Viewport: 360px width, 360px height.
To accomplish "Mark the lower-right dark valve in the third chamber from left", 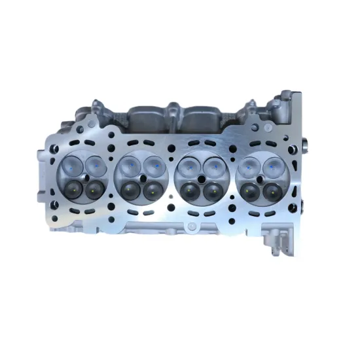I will [x=211, y=190].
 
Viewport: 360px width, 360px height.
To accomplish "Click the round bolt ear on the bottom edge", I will [x=190, y=227].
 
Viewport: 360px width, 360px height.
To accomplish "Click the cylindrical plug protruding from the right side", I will [x=306, y=143].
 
